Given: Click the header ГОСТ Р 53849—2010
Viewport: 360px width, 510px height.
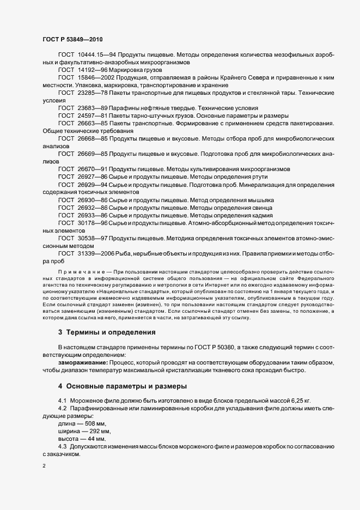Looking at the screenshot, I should click(x=72, y=40).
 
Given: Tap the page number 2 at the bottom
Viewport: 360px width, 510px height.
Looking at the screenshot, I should click(x=45, y=466).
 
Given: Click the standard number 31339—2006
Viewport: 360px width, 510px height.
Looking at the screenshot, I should click(x=95, y=253).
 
